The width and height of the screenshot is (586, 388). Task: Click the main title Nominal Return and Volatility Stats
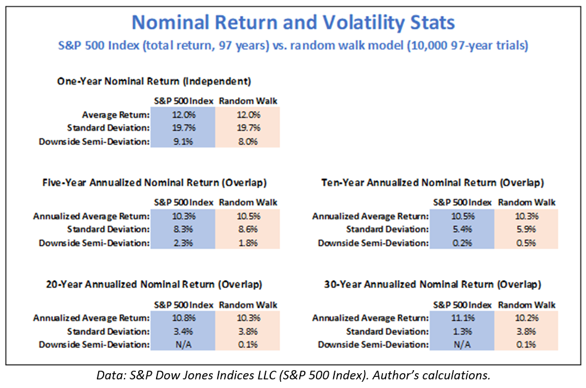click(x=293, y=23)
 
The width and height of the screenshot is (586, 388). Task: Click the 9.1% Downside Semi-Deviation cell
click(x=183, y=141)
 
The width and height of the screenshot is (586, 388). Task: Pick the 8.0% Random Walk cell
click(x=247, y=141)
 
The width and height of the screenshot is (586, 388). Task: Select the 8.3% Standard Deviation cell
click(x=183, y=229)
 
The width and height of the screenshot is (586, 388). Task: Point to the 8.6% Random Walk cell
click(x=247, y=229)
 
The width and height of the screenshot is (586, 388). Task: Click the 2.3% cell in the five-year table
click(x=183, y=242)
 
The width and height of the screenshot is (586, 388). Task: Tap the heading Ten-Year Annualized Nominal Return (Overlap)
click(x=432, y=183)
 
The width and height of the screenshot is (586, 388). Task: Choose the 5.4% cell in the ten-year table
click(x=462, y=229)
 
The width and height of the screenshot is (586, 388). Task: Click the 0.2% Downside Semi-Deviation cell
click(x=462, y=242)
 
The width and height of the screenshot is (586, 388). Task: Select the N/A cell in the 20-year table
click(x=183, y=344)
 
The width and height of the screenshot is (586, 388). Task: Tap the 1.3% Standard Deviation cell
click(x=462, y=331)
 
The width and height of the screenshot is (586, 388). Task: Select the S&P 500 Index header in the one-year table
click(x=183, y=101)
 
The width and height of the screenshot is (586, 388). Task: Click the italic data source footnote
click(x=293, y=374)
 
